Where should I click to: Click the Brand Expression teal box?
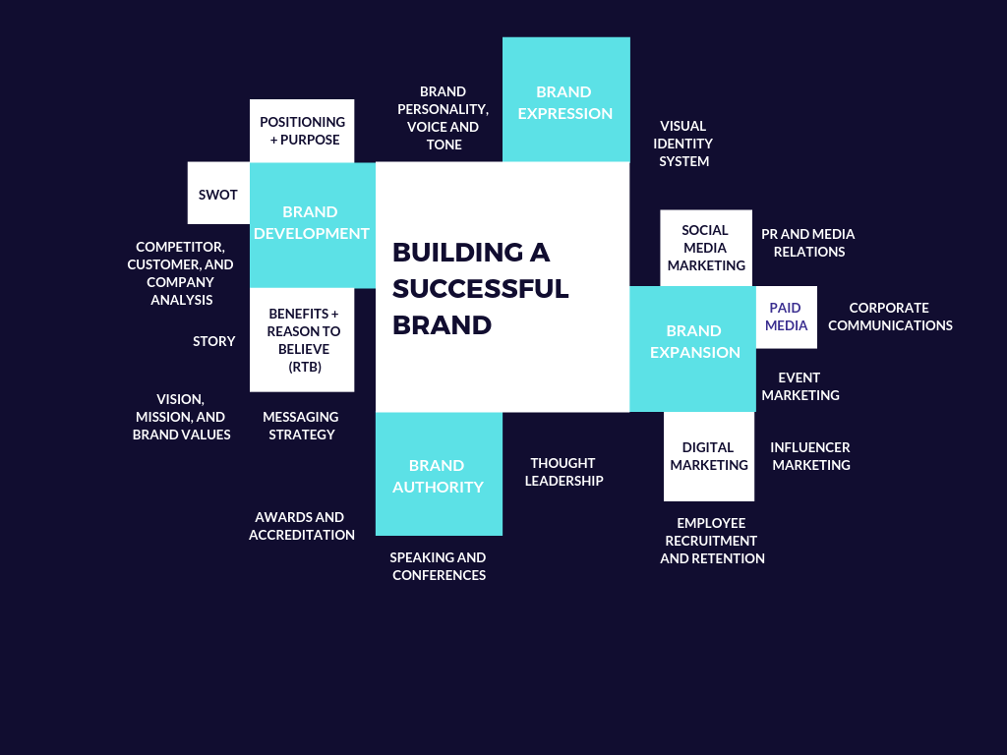pyautogui.click(x=565, y=100)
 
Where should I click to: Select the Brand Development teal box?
pyautogui.click(x=312, y=224)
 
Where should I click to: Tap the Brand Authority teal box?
pyautogui.click(x=439, y=475)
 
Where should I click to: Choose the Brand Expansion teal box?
pyautogui.click(x=694, y=344)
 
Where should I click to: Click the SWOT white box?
pyautogui.click(x=218, y=194)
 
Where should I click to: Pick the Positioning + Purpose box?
pyautogui.click(x=302, y=131)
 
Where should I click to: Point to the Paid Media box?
pyautogui.click(x=787, y=317)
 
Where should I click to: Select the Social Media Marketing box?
pyautogui.click(x=706, y=248)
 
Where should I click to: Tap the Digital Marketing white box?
pyautogui.click(x=709, y=456)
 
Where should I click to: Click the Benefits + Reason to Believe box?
pyautogui.click(x=302, y=340)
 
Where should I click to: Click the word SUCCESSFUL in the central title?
pyautogui.click(x=481, y=289)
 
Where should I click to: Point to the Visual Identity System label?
pyautogui.click(x=683, y=144)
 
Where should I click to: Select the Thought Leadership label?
pyautogui.click(x=563, y=472)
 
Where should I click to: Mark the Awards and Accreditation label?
pyautogui.click(x=301, y=526)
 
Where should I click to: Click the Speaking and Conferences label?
pyautogui.click(x=439, y=565)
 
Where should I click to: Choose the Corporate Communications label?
pyautogui.click(x=890, y=317)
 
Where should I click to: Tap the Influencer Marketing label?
pyautogui.click(x=810, y=456)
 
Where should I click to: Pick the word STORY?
pyautogui.click(x=214, y=341)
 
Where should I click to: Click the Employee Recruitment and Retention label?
pyautogui.click(x=712, y=541)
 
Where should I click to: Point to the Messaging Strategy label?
pyautogui.click(x=301, y=426)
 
